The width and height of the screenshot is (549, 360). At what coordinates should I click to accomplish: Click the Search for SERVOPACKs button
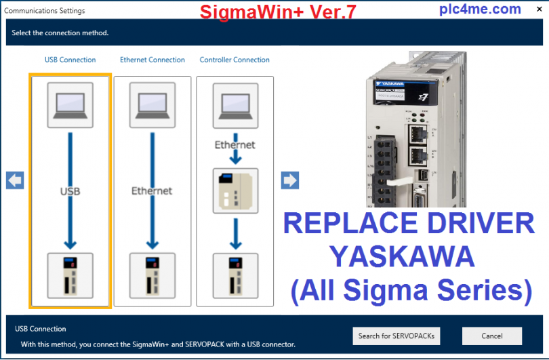[x=397, y=336]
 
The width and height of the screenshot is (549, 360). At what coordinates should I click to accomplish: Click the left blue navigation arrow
[x=15, y=180]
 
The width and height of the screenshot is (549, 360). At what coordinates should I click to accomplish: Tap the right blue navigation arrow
[x=290, y=180]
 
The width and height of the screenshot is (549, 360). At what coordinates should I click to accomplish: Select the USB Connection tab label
[x=70, y=60]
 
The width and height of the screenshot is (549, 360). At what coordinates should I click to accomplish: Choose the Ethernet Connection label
[x=152, y=60]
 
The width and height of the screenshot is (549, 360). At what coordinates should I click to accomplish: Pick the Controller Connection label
[x=235, y=60]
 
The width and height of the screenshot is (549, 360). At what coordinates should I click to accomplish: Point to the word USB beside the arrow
[x=70, y=191]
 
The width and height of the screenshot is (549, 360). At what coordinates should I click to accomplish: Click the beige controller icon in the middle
[x=235, y=191]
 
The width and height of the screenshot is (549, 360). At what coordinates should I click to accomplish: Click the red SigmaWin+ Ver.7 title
[x=277, y=12]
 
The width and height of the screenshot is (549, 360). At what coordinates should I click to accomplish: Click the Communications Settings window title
[x=45, y=11]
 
